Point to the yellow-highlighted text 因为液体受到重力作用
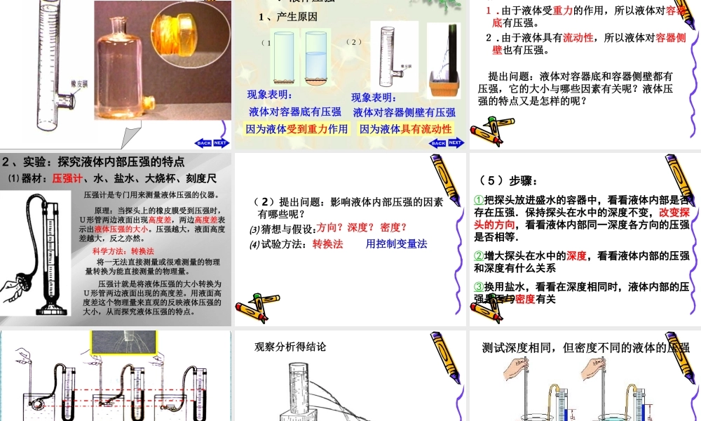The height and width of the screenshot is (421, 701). tap(297, 128)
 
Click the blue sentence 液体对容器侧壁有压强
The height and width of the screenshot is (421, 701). tap(404, 112)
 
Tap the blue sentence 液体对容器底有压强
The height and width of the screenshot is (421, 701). tap(295, 112)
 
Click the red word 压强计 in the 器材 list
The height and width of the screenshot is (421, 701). tap(67, 178)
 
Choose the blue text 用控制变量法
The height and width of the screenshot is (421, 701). tap(396, 243)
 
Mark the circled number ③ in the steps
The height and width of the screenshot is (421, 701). tap(479, 287)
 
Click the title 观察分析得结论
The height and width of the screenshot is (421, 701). tap(290, 346)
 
